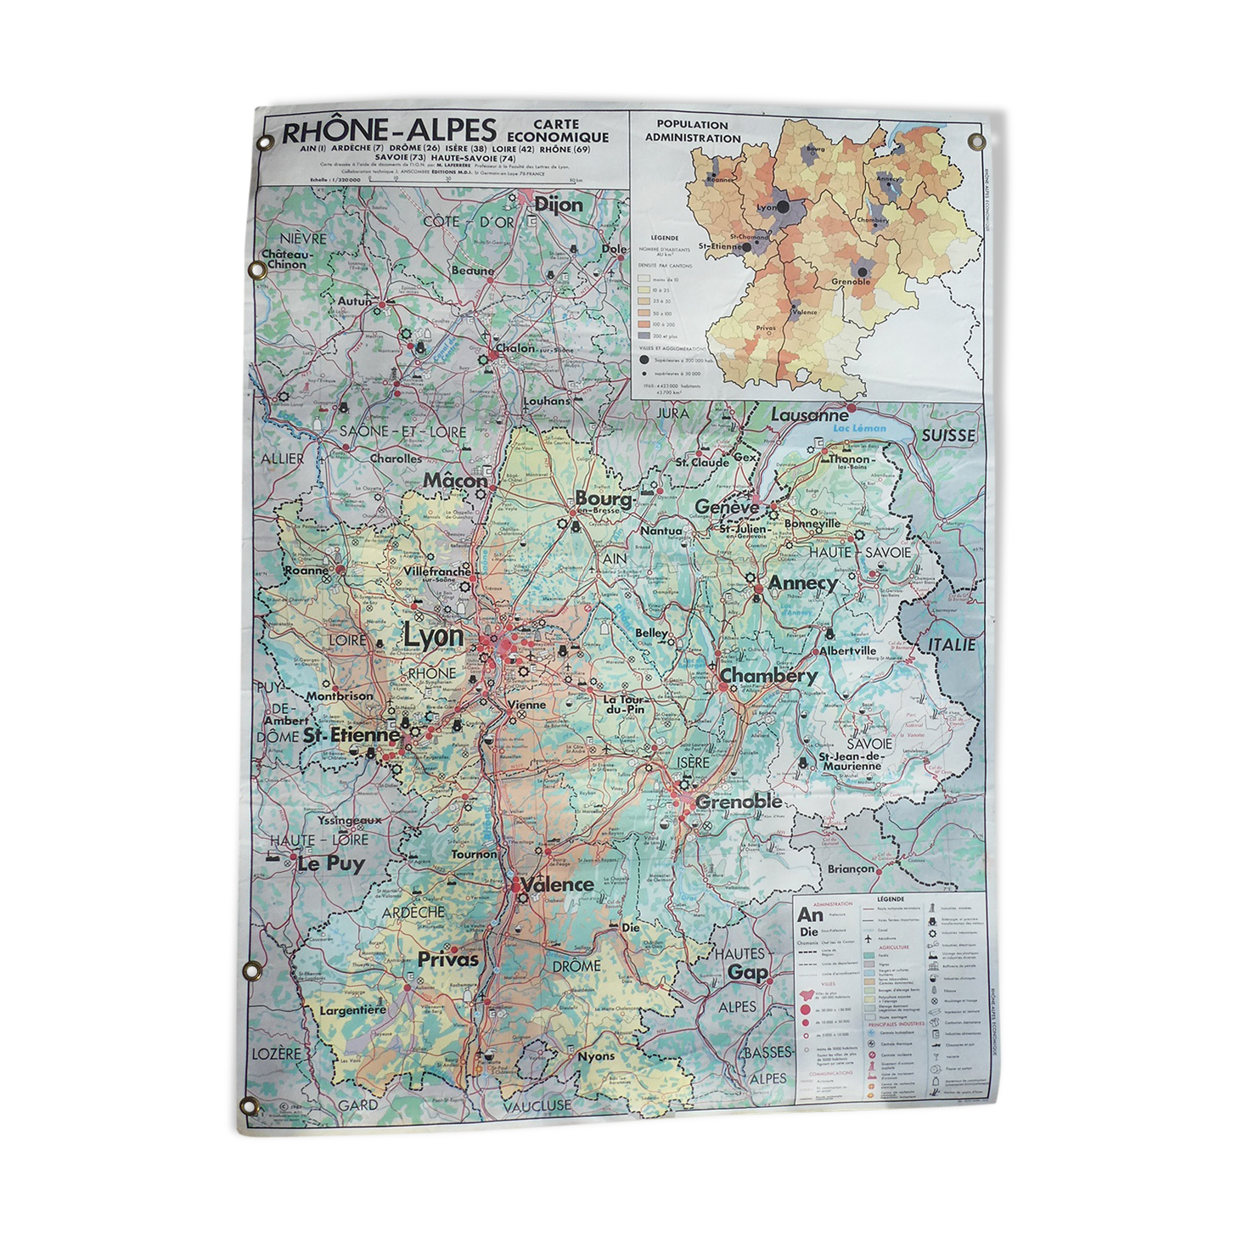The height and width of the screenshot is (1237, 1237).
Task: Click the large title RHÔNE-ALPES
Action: pyautogui.click(x=388, y=132)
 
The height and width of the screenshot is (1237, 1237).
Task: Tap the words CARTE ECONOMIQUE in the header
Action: pyautogui.click(x=557, y=131)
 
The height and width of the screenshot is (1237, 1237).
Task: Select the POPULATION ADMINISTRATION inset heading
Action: pyautogui.click(x=692, y=131)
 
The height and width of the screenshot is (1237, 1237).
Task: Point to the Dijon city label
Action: pyautogui.click(x=558, y=205)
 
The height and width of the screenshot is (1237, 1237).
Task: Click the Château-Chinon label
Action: pyautogui.click(x=287, y=259)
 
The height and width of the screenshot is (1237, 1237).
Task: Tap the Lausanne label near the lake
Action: pyautogui.click(x=808, y=415)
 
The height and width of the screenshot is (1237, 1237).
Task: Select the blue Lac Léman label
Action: pyautogui.click(x=859, y=428)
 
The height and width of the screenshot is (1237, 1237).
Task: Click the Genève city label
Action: pyautogui.click(x=727, y=507)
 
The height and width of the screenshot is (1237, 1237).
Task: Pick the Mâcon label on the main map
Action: pyautogui.click(x=455, y=481)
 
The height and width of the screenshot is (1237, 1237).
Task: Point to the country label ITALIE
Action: pyautogui.click(x=951, y=644)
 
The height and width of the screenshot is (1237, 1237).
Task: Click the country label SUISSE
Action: pyautogui.click(x=948, y=435)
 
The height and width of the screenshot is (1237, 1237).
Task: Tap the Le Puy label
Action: pyautogui.click(x=330, y=864)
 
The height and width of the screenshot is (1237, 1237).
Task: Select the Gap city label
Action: pyautogui.click(x=747, y=972)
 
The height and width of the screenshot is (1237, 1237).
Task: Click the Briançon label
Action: pyautogui.click(x=850, y=869)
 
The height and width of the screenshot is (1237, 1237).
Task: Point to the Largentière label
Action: pyautogui.click(x=352, y=1010)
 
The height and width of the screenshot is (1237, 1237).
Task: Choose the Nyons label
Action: pyautogui.click(x=595, y=1056)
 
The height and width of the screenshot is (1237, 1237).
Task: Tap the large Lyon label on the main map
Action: pyautogui.click(x=433, y=636)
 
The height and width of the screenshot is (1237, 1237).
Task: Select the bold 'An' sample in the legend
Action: pyautogui.click(x=810, y=914)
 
